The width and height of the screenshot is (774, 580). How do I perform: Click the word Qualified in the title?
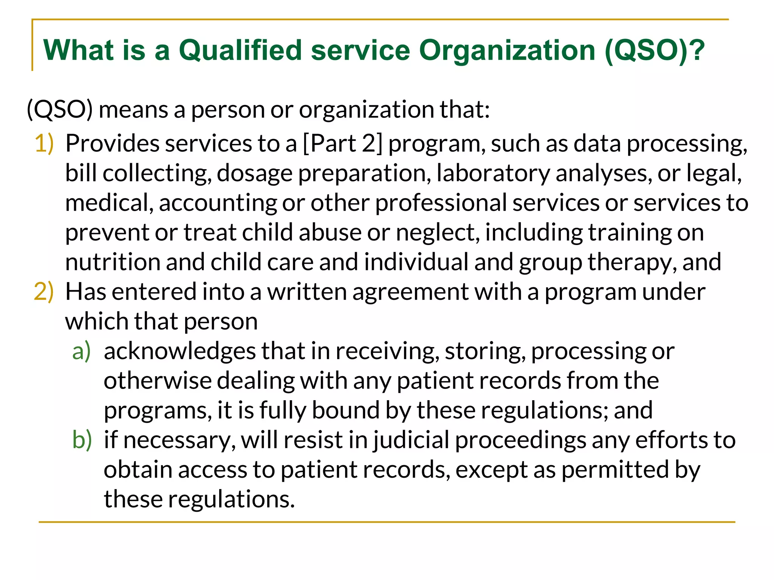(x=240, y=51)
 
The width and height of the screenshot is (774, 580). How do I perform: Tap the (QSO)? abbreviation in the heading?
(x=654, y=51)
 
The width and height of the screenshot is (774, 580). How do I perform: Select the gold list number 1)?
(x=44, y=144)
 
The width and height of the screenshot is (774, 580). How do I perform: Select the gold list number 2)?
(x=44, y=292)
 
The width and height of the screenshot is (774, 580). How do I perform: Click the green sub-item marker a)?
(x=82, y=351)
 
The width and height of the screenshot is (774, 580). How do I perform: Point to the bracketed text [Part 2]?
(x=343, y=144)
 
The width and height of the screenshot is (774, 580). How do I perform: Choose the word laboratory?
(x=493, y=173)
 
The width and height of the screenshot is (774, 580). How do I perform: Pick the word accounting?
(x=218, y=203)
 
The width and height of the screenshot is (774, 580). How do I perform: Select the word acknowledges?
(x=180, y=351)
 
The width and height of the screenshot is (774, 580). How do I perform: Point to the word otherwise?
(x=158, y=381)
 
